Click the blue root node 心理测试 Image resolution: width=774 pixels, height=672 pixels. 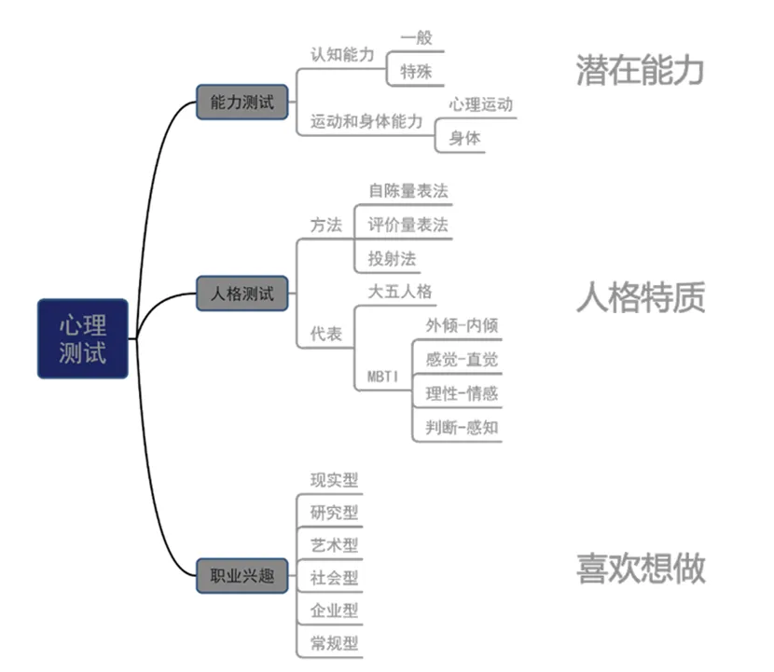[x=83, y=338]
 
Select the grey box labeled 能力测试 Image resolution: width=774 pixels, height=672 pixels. [x=242, y=103]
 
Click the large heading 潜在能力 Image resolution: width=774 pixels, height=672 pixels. [x=640, y=71]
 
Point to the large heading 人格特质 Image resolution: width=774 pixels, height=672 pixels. [x=640, y=297]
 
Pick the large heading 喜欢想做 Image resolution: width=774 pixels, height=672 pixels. [x=640, y=568]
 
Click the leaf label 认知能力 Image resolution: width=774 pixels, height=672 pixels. [x=342, y=54]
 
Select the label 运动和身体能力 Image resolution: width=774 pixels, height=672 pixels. [x=366, y=122]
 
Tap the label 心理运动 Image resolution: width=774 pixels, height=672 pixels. [x=480, y=104]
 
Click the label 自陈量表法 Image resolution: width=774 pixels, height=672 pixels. [x=408, y=191]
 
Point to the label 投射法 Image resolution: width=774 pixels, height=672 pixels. [x=392, y=257]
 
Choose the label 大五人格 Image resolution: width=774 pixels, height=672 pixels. [x=400, y=292]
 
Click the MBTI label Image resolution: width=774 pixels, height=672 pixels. [x=384, y=377]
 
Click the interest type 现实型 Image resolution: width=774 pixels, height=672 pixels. [x=334, y=480]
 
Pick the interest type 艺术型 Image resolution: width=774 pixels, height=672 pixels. [x=334, y=545]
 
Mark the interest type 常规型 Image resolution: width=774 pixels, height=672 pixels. [x=334, y=642]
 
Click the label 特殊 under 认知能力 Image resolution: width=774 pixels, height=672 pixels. [x=415, y=71]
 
